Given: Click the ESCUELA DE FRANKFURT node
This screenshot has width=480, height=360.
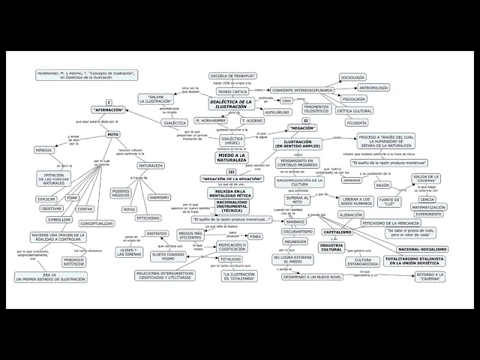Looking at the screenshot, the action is point(232,76).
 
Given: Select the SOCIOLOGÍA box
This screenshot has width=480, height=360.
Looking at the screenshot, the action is point(352,77).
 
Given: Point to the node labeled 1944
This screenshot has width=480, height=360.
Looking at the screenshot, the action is point(286,100).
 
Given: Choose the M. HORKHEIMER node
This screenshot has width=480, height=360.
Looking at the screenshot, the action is point(211,120).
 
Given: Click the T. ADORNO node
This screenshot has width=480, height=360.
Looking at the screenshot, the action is point(253,120).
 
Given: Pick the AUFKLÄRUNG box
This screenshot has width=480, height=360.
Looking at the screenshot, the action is point(277,112).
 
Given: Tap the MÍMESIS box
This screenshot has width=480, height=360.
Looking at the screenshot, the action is point(43,150).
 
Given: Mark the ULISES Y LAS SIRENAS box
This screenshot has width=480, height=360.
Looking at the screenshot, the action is point(131,252).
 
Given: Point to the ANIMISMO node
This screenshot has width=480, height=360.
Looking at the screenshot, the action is point(159,197).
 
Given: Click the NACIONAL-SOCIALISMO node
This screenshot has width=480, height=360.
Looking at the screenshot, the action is point(422,248).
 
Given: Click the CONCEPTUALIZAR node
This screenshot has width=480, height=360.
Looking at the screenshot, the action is point(96,223).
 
